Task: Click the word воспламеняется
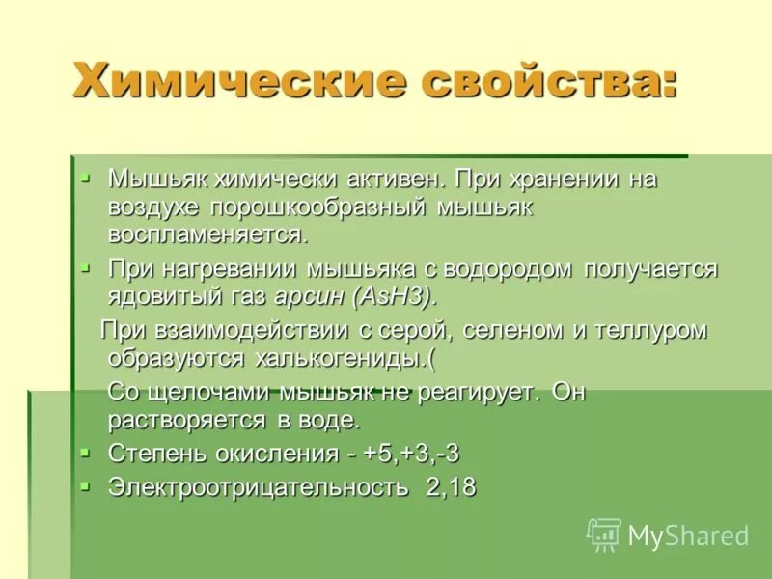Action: pyautogui.click(x=207, y=234)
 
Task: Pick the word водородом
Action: pyautogui.click(x=510, y=268)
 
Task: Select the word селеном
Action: pyautogui.click(x=511, y=330)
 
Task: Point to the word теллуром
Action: pyautogui.click(x=658, y=330)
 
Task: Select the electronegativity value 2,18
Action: pyautogui.click(x=451, y=486)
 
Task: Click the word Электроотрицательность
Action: pyautogui.click(x=258, y=486)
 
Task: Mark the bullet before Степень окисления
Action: pyautogui.click(x=86, y=452)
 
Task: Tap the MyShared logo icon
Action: pyautogui.click(x=604, y=534)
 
